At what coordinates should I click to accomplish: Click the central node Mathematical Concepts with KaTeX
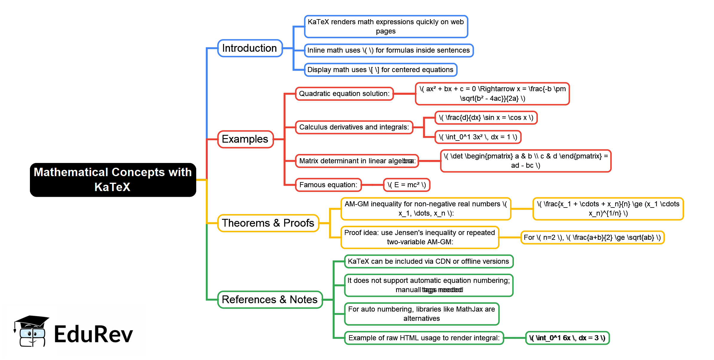(113, 180)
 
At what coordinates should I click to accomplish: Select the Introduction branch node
(250, 48)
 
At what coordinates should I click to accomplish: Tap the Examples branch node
(245, 139)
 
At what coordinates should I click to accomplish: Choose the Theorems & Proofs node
(268, 223)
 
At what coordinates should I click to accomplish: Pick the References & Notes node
(270, 300)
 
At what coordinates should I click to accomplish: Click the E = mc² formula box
(407, 185)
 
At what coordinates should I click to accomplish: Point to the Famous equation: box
(328, 185)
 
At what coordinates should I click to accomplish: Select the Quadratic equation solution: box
(344, 94)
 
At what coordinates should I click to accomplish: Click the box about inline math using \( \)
(388, 50)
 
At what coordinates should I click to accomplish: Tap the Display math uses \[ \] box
(380, 70)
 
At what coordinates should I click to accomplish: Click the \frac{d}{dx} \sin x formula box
(486, 118)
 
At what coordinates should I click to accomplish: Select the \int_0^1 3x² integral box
(478, 137)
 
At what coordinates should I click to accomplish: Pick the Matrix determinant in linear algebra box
(357, 161)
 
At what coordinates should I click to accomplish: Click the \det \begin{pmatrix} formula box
(526, 161)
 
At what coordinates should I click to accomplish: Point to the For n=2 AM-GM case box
(592, 237)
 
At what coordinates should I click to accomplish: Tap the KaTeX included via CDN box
(428, 261)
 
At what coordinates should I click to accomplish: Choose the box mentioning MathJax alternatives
(421, 314)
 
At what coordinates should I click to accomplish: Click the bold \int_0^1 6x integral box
(567, 338)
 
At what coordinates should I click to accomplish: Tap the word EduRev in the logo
(93, 334)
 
